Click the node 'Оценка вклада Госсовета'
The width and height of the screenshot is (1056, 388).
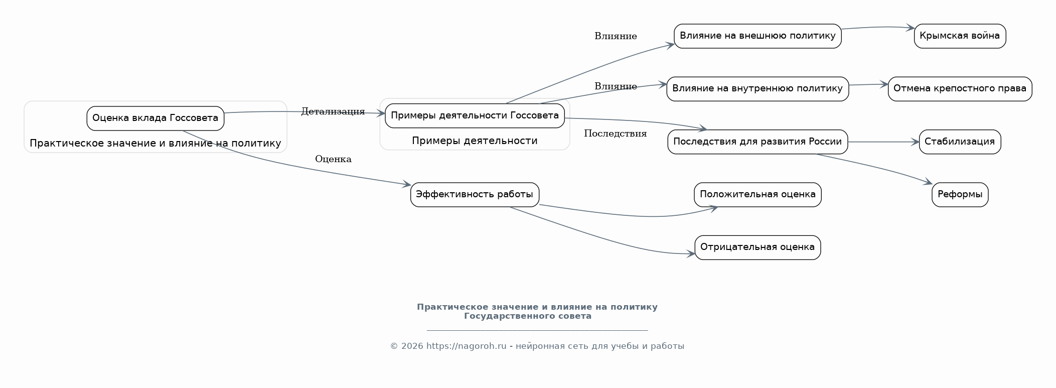coord(156,118)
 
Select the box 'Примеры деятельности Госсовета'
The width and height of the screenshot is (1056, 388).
coord(475,116)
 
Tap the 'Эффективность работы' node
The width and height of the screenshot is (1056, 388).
coord(475,195)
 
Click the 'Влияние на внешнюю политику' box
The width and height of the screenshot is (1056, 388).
coord(758,36)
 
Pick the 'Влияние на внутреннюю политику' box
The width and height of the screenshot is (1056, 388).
coord(758,89)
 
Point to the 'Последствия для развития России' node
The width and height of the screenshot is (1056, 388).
coord(758,142)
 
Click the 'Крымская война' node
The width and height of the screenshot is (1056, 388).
coord(960,36)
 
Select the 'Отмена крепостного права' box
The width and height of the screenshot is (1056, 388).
coord(960,89)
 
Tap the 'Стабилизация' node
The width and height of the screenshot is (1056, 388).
coord(960,142)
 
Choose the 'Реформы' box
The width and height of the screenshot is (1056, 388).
coord(960,195)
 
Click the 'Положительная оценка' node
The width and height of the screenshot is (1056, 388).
coord(758,195)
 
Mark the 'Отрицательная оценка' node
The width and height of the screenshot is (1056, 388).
coord(758,247)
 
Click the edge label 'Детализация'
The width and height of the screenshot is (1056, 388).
coord(333,111)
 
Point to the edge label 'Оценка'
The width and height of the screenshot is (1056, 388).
coord(333,159)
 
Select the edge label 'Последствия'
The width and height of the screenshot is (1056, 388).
coord(615,134)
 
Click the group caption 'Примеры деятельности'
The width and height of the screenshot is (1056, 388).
coord(475,141)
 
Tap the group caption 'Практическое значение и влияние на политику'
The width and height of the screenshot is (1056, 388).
coord(156,144)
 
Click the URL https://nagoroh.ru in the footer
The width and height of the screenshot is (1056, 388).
coord(467,346)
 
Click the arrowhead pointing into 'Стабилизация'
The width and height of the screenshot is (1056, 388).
coord(914,142)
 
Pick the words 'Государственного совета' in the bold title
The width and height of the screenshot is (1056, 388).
coord(528,316)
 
